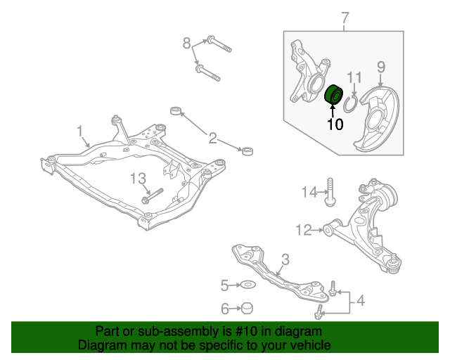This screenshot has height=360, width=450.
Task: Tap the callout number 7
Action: pyautogui.click(x=345, y=18)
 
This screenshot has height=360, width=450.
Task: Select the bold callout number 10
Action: pyautogui.click(x=335, y=124)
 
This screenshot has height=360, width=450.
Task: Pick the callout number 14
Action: pyautogui.click(x=310, y=192)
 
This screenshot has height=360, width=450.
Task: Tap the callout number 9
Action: pyautogui.click(x=381, y=67)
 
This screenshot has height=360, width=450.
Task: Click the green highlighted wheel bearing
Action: pyautogui.click(x=333, y=94)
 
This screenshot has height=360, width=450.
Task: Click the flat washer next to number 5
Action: pyautogui.click(x=247, y=285)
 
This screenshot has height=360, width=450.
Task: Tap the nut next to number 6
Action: pyautogui.click(x=247, y=307)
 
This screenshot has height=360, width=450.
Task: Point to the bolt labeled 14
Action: pyautogui.click(x=328, y=194)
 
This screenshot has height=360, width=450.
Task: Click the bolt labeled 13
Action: pyautogui.click(x=153, y=195)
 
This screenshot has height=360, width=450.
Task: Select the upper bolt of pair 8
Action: pyautogui.click(x=219, y=44)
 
